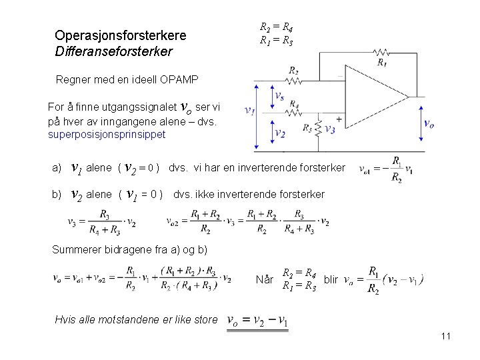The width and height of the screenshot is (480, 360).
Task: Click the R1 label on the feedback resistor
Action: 381,63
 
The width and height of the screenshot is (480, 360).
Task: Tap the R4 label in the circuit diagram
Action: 293,105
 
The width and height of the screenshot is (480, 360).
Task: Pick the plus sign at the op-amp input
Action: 339,120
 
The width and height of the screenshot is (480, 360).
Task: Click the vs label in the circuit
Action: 281,97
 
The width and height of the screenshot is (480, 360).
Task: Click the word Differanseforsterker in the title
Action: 113,51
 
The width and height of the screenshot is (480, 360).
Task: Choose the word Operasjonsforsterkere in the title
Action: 121,35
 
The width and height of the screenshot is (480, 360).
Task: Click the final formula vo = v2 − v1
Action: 258,321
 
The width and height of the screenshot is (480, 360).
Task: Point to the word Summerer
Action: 75,249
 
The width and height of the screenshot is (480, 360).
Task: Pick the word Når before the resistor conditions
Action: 265,279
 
